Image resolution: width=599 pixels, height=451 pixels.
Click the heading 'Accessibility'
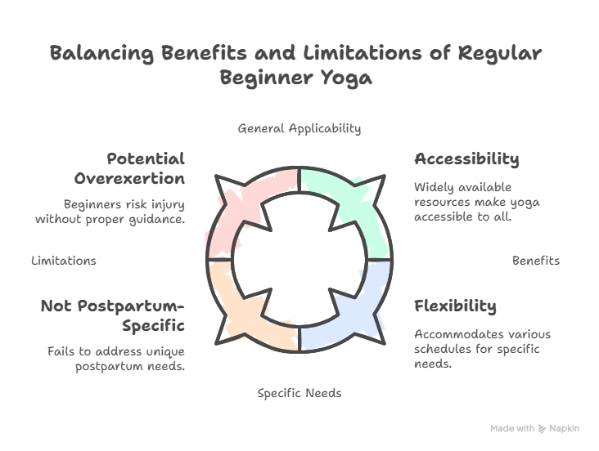pos(466,159)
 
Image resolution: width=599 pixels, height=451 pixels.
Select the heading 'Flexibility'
pos(455,306)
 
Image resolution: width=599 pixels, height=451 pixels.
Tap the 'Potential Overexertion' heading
pos(128,168)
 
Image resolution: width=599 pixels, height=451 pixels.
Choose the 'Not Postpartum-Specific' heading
pos(113,315)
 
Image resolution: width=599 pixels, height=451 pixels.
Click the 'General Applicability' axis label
pos(299,128)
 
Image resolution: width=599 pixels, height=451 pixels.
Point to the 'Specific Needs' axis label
pos(299,393)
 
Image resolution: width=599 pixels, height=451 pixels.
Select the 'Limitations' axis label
pos(63,261)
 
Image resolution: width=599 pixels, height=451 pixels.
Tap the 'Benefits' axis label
pos(535,261)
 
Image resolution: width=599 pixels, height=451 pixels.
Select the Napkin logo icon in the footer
pos(543,428)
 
